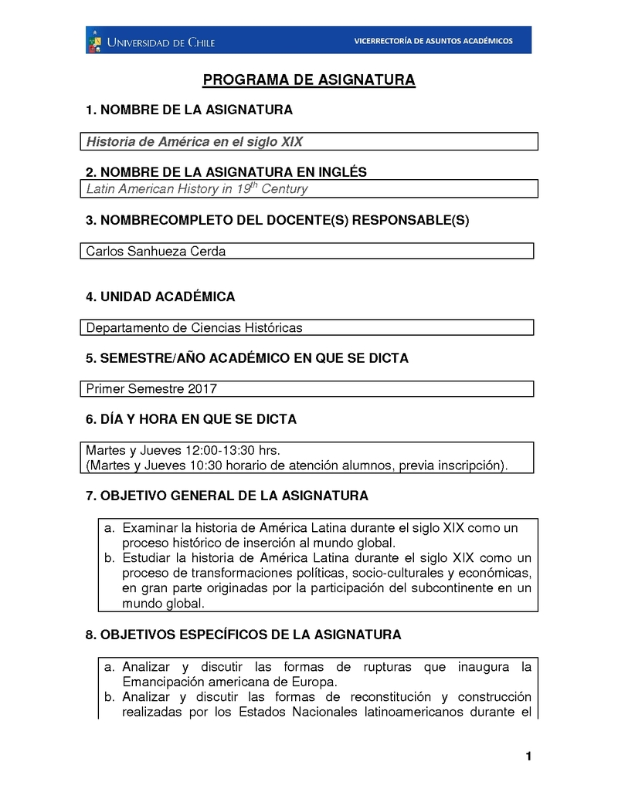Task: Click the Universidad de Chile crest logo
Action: click(x=96, y=40)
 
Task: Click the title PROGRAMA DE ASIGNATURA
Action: click(x=309, y=80)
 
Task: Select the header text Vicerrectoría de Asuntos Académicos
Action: click(x=433, y=41)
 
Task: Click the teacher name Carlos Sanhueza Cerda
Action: click(x=156, y=252)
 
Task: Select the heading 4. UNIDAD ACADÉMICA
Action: click(x=161, y=297)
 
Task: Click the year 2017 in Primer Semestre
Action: click(x=202, y=389)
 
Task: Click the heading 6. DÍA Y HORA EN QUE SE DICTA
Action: click(x=191, y=419)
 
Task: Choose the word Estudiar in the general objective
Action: click(x=147, y=558)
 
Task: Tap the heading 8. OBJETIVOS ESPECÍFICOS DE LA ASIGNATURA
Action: click(x=243, y=635)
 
